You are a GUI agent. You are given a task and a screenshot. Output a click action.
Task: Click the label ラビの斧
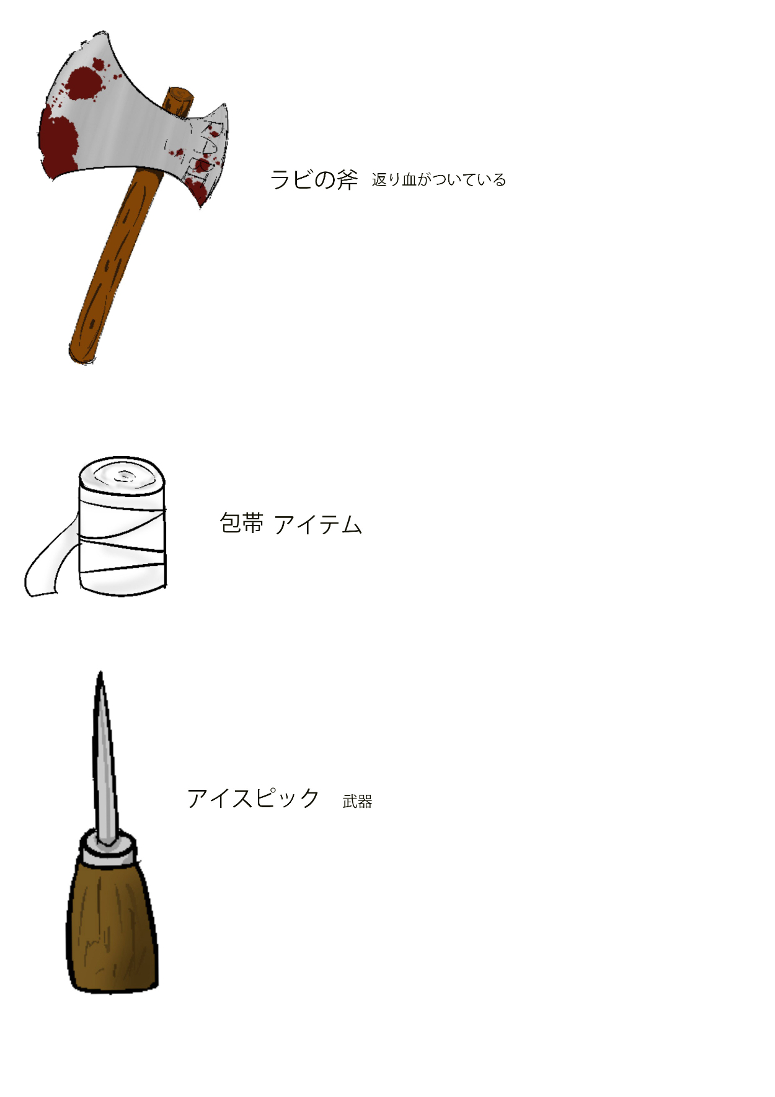click(314, 179)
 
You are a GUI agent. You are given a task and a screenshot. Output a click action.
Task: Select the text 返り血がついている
click(439, 180)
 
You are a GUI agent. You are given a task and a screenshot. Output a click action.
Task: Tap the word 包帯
click(242, 523)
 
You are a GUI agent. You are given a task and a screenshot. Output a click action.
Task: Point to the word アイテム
click(318, 524)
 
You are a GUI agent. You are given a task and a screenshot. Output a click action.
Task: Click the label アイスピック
click(253, 798)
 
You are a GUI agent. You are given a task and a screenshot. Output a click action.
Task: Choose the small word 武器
click(357, 802)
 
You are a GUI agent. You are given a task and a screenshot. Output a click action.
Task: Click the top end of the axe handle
click(179, 94)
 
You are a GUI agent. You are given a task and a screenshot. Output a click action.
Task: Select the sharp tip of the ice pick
click(100, 673)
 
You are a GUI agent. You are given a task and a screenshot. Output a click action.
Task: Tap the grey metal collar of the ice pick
click(108, 849)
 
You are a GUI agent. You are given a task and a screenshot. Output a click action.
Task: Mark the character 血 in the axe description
click(409, 180)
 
